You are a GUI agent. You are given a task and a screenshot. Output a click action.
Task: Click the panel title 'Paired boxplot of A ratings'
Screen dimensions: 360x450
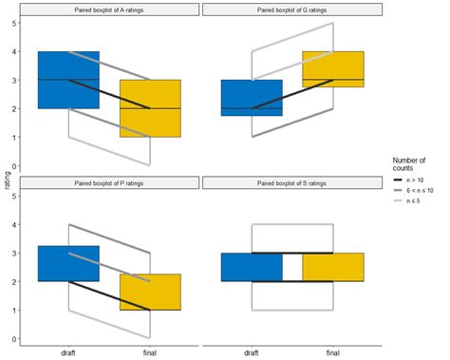tap(110, 9)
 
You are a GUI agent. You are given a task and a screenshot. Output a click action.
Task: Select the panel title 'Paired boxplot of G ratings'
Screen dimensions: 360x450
tap(292, 9)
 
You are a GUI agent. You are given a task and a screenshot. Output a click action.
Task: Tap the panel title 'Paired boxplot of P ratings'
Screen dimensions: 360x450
tap(110, 183)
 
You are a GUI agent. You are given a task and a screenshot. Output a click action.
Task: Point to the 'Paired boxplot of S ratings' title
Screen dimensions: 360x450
tap(292, 183)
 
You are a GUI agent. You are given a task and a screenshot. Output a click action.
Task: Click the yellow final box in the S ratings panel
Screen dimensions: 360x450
tap(333, 267)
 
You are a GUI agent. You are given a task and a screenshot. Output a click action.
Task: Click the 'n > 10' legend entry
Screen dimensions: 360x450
tap(417, 179)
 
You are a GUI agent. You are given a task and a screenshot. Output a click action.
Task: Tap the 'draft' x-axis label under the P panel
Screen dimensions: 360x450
tap(68, 351)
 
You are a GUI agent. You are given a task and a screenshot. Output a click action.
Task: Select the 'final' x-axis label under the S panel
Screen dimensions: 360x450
tap(333, 351)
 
